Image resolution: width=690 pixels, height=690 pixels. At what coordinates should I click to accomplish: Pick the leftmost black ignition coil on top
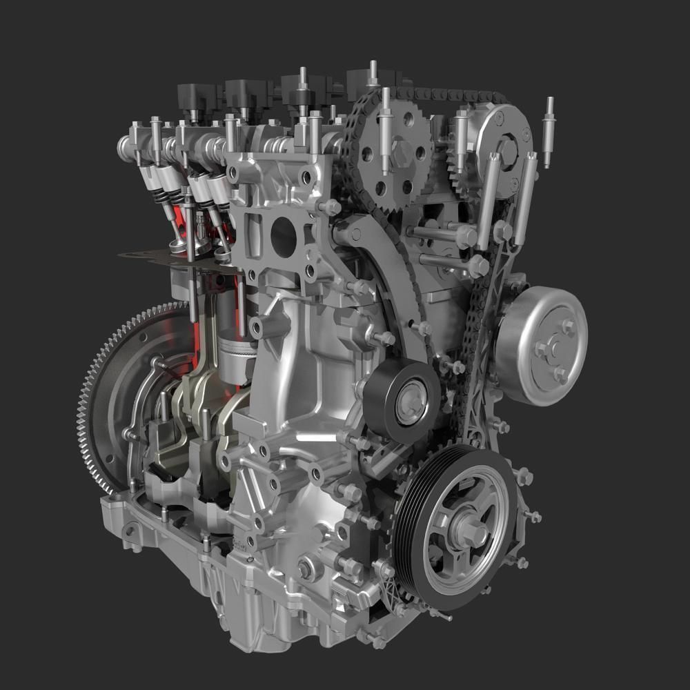pos(197,97)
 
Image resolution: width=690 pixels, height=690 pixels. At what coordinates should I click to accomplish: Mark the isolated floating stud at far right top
pos(549,131)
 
